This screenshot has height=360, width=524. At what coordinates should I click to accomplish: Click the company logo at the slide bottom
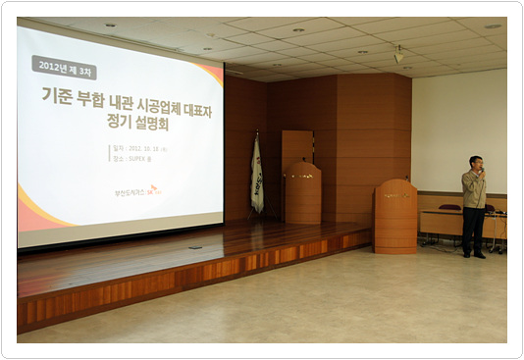[136, 190]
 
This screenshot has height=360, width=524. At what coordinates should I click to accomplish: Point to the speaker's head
[476, 162]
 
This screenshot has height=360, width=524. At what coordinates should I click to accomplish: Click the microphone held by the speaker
[481, 173]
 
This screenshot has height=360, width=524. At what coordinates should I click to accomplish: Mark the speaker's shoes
[474, 254]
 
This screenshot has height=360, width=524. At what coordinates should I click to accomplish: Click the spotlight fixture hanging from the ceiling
[398, 56]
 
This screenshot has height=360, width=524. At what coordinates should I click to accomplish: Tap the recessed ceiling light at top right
[491, 26]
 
